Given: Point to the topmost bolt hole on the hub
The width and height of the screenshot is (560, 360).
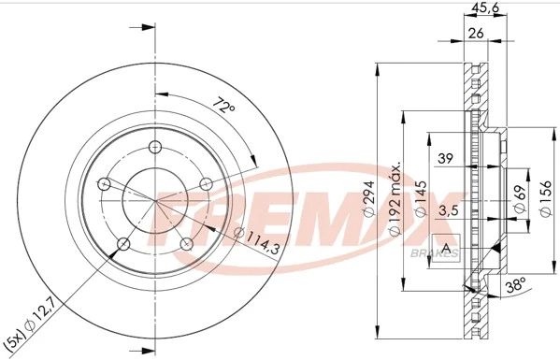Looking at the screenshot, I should coord(155,146).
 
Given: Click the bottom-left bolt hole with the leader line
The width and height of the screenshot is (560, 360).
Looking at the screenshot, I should coord(122,245).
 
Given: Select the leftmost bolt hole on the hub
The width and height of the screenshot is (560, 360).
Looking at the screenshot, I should coord(105,183).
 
